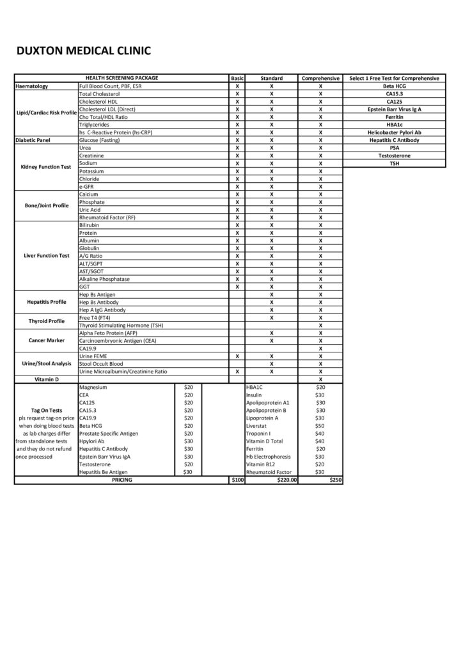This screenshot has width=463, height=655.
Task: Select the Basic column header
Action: click(237, 78)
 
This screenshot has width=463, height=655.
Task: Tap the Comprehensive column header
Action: click(320, 78)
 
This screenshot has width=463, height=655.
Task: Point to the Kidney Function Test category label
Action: click(45, 167)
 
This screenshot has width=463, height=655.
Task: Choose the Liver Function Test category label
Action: click(45, 255)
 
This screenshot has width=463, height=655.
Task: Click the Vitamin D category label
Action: click(45, 379)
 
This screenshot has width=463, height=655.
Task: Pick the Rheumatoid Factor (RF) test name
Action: click(107, 217)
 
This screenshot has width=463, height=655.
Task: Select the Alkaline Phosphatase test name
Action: click(106, 279)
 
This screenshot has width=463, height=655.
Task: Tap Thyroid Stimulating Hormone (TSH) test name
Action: click(122, 325)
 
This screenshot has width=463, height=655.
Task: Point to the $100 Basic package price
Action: click(237, 480)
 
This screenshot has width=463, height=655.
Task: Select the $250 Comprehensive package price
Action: click(335, 480)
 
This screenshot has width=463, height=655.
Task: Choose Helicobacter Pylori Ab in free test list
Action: click(393, 132)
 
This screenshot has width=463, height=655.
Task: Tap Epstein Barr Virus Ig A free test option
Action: click(393, 109)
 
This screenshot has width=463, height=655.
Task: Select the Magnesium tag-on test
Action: click(93, 387)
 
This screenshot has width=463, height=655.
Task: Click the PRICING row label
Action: click(122, 480)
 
